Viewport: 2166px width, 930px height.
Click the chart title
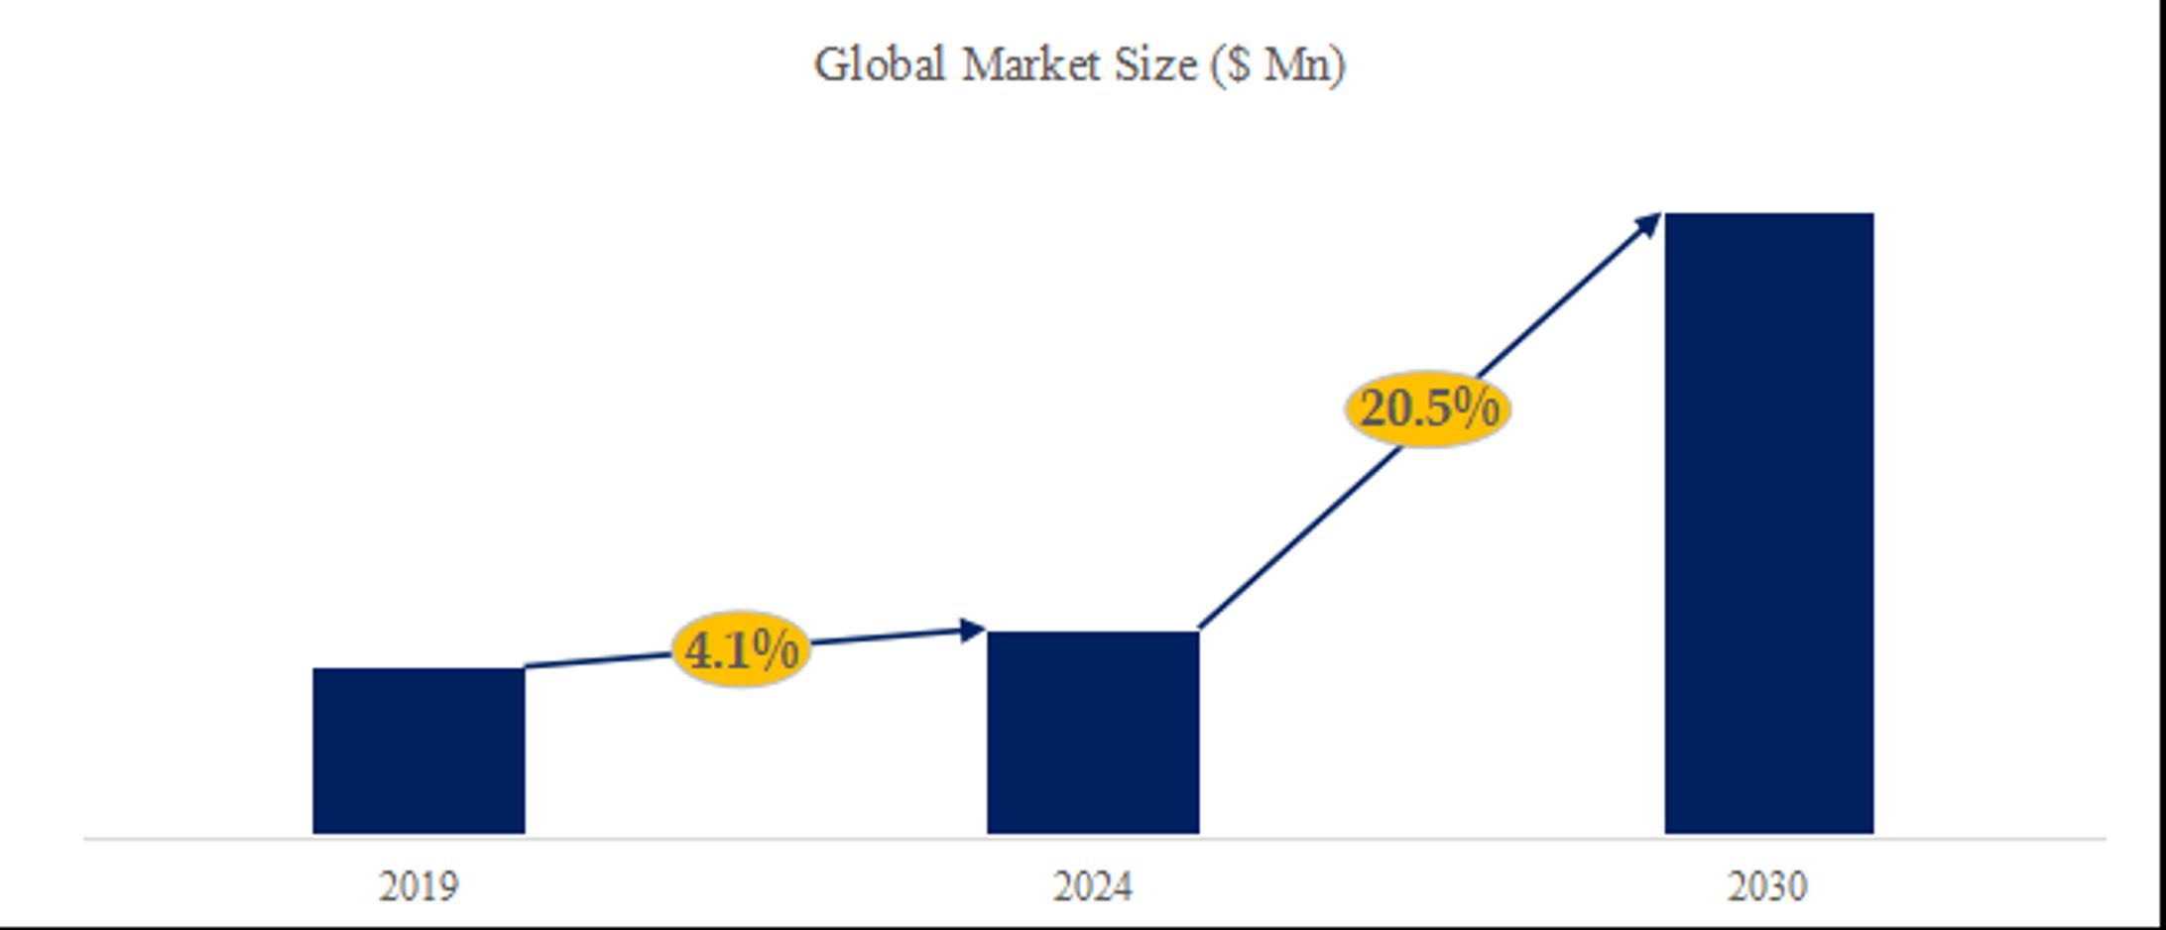coord(1079,65)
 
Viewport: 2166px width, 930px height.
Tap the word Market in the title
coord(1031,65)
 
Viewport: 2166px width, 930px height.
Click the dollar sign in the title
coord(1237,65)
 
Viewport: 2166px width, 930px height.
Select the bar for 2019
coord(419,751)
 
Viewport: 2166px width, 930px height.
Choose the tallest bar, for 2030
coord(1768,523)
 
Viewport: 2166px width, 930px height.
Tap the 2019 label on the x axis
coord(419,886)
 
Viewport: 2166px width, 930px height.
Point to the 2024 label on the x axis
coord(1092,886)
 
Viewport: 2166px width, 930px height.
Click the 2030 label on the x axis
coord(1767,886)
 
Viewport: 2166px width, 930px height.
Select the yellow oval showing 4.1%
coord(740,650)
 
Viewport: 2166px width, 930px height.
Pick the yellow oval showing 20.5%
coord(1428,408)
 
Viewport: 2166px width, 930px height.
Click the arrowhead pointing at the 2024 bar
coord(973,630)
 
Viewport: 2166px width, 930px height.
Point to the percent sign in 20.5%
coord(1478,408)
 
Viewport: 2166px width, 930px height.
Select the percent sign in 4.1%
coord(776,650)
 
